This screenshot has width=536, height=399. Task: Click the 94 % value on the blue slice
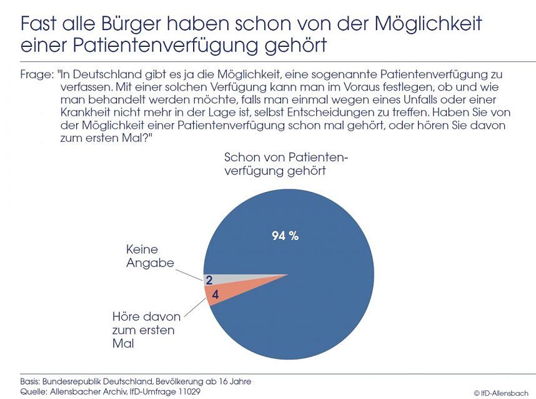pyautogui.click(x=285, y=236)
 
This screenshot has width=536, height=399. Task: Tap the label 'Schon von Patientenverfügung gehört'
pyautogui.click(x=286, y=163)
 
